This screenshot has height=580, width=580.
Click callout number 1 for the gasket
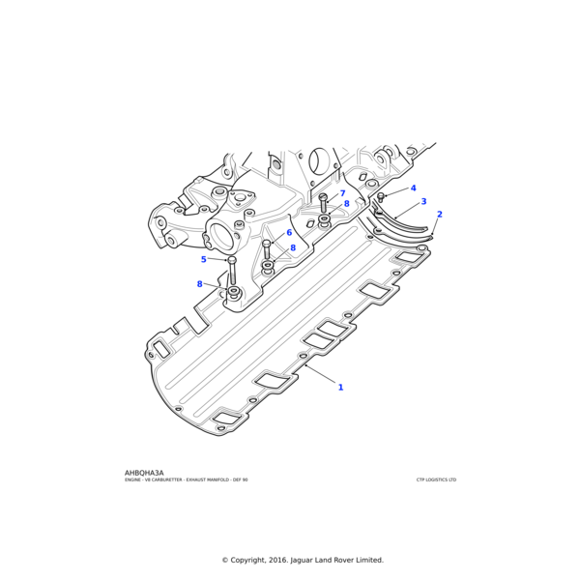point(340,388)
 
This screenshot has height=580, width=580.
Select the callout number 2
point(440,215)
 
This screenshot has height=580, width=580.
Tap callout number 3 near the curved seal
point(423,202)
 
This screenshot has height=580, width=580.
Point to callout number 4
point(413,188)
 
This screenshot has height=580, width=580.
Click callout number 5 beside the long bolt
point(204,259)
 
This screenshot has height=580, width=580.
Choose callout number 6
point(288,233)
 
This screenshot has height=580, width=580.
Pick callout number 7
point(342,194)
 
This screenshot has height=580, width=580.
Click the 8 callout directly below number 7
point(346,205)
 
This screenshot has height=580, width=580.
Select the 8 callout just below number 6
point(293,248)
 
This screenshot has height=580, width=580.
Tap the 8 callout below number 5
point(200,284)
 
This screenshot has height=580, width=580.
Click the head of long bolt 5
point(232,261)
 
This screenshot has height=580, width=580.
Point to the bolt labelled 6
point(267,248)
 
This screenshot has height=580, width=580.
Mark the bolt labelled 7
point(323,201)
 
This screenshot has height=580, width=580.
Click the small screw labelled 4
point(381,196)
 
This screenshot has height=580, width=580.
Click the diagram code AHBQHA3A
point(144,473)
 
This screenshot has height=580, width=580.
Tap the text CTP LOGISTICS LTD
point(436,480)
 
